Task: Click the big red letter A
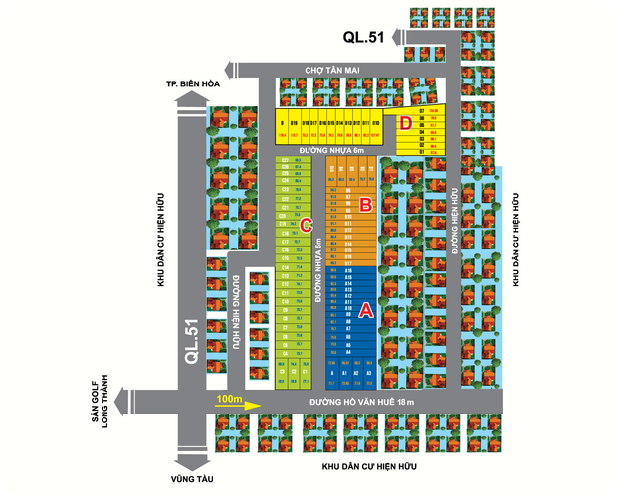[x=365, y=310]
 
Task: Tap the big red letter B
[x=365, y=206]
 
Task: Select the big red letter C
[x=308, y=224]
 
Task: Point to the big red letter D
[x=405, y=124]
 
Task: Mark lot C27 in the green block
[x=285, y=160]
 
